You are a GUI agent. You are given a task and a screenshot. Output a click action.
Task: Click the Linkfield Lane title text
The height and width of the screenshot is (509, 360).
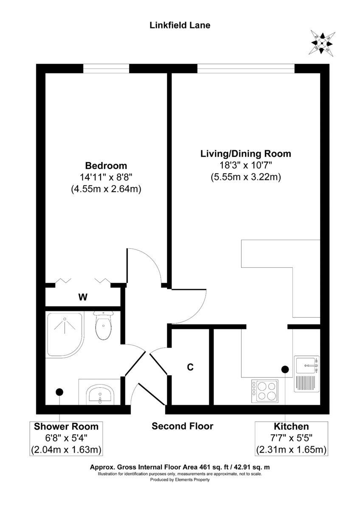pyautogui.click(x=180, y=25)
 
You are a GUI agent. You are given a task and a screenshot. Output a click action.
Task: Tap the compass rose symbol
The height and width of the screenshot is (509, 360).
pyautogui.click(x=322, y=42)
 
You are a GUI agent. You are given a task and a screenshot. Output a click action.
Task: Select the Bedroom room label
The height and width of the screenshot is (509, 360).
pyautogui.click(x=106, y=165)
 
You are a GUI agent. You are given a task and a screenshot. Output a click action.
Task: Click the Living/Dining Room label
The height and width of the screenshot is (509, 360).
pyautogui.click(x=245, y=154)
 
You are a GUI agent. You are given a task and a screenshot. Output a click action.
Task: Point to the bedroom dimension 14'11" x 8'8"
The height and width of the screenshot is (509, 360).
pyautogui.click(x=106, y=178)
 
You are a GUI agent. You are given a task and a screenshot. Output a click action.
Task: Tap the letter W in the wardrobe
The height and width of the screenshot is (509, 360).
pyautogui.click(x=83, y=297)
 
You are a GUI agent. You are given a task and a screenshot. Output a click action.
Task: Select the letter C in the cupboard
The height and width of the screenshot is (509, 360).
pyautogui.click(x=191, y=367)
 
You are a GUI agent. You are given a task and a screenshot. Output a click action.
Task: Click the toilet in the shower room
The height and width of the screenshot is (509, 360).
pyautogui.click(x=104, y=327)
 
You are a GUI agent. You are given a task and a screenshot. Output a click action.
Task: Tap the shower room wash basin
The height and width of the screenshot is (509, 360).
pyautogui.click(x=100, y=394)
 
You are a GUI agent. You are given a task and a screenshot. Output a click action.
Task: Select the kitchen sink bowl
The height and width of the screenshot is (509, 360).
pyautogui.click(x=307, y=364)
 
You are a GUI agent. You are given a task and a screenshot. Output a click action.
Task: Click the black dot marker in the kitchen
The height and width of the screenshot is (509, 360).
pyautogui.click(x=284, y=369)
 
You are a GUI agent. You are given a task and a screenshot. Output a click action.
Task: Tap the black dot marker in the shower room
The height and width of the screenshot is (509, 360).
pyautogui.click(x=59, y=392)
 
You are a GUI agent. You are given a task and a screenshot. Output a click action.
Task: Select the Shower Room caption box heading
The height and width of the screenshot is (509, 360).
pyautogui.click(x=66, y=427)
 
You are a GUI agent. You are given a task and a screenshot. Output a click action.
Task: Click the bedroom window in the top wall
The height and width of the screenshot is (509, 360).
pyautogui.click(x=106, y=68)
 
